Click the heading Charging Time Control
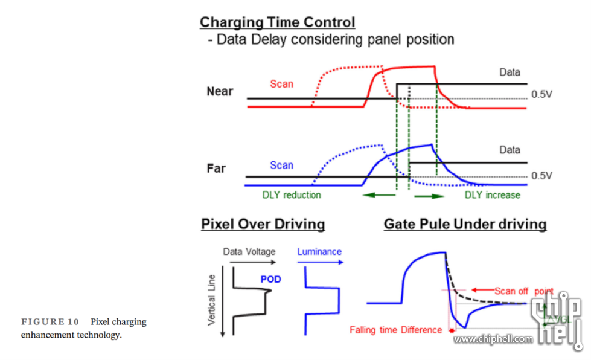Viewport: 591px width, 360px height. pyautogui.click(x=277, y=23)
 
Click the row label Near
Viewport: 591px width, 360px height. pyautogui.click(x=220, y=92)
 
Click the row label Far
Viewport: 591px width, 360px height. pyautogui.click(x=216, y=168)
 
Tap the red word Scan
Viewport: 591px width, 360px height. pyautogui.click(x=281, y=84)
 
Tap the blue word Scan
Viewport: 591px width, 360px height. pyautogui.click(x=281, y=165)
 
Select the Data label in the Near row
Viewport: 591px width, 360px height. pyautogui.click(x=510, y=72)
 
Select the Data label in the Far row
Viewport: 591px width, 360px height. pyautogui.click(x=510, y=150)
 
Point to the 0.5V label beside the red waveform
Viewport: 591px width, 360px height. pyautogui.click(x=541, y=95)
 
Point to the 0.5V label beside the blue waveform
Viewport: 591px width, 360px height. pyautogui.click(x=541, y=176)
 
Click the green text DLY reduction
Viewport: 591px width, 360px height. pyautogui.click(x=292, y=195)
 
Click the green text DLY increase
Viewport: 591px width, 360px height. pyautogui.click(x=492, y=195)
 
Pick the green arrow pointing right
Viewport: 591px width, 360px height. pyautogui.click(x=429, y=196)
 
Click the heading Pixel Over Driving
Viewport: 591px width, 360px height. pyautogui.click(x=263, y=225)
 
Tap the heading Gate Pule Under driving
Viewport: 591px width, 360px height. pyautogui.click(x=465, y=225)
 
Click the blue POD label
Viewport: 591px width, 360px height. pyautogui.click(x=270, y=280)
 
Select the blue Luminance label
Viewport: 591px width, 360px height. pyautogui.click(x=319, y=252)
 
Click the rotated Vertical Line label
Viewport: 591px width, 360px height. pyautogui.click(x=212, y=300)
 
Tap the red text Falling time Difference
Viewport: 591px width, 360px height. pyautogui.click(x=397, y=330)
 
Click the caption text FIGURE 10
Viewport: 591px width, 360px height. pyautogui.click(x=50, y=322)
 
